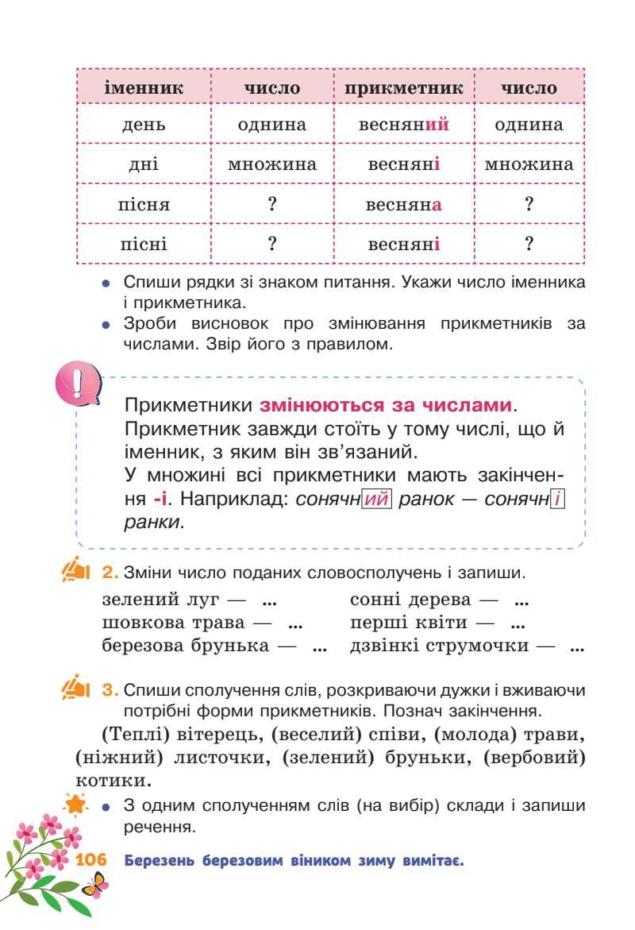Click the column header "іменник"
pyautogui.click(x=144, y=87)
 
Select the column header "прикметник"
pyautogui.click(x=404, y=87)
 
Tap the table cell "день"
pyautogui.click(x=144, y=125)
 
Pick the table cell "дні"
pyautogui.click(x=144, y=164)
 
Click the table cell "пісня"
pyautogui.click(x=144, y=204)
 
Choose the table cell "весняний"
pyautogui.click(x=404, y=125)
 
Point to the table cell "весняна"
pyautogui.click(x=404, y=204)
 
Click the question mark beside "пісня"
pyautogui.click(x=271, y=204)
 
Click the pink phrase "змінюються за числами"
pyautogui.click(x=386, y=405)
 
